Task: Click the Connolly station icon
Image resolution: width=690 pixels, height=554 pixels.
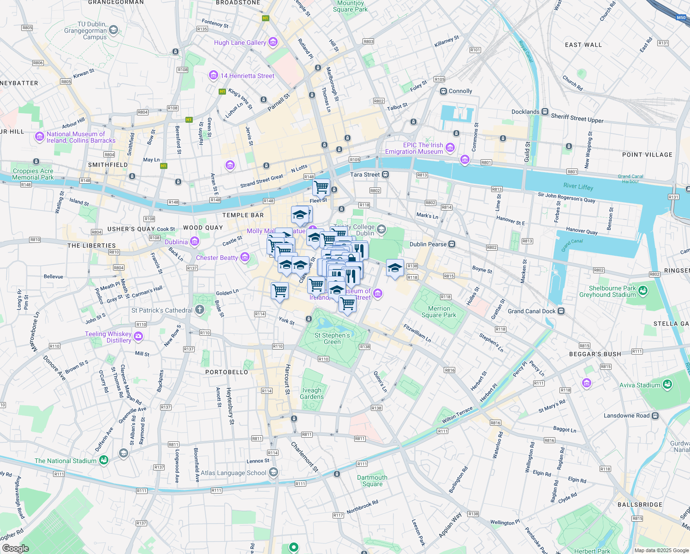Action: [443, 91]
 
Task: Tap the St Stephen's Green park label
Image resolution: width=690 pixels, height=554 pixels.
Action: [332, 338]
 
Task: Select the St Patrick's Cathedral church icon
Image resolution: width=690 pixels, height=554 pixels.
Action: [200, 310]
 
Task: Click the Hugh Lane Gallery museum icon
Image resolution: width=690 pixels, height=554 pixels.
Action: [273, 42]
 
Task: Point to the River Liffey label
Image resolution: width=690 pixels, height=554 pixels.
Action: [578, 187]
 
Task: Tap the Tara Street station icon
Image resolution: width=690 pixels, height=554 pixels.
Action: [386, 175]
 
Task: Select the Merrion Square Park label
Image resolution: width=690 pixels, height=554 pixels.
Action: [439, 312]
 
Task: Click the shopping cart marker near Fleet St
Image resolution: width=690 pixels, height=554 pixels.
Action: [321, 187]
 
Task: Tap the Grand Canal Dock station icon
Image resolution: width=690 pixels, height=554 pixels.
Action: [561, 311]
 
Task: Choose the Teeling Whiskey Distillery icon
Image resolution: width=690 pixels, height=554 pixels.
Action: [139, 337]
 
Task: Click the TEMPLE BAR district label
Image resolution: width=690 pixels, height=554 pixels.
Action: [243, 215]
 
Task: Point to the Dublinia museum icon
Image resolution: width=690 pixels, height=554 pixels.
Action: [195, 241]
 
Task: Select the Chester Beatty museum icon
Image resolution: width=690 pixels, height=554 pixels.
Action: [245, 257]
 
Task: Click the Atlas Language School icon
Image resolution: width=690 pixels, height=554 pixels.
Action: [274, 472]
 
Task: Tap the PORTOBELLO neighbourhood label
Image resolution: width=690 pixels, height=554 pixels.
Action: [226, 372]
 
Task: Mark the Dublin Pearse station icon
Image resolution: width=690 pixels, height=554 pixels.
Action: [452, 244]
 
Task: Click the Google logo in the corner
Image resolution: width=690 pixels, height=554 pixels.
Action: [15, 548]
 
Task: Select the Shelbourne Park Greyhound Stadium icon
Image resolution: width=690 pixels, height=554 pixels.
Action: [643, 291]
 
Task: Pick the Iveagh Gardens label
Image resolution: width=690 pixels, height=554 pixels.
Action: [312, 393]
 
